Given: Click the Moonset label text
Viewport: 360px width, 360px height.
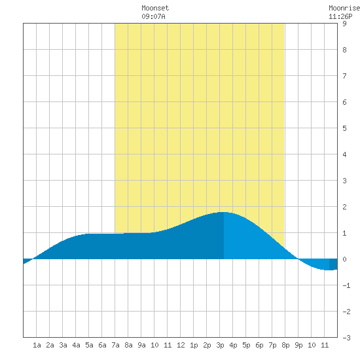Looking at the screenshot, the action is point(155,8).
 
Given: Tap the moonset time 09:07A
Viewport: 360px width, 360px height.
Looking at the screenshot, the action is point(153,16).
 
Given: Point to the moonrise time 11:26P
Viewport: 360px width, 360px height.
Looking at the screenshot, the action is point(340,16).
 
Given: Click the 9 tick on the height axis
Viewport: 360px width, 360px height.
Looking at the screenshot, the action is point(344,24).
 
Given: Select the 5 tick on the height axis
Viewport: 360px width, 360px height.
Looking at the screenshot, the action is point(344,128).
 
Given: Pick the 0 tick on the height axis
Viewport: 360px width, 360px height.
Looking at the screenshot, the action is point(344,259).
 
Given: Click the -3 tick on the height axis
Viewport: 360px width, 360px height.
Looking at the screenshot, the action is point(346,338).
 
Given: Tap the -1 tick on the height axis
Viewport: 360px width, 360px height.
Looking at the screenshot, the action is point(346,285).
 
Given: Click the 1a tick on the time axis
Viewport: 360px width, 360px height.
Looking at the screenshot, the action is point(37,345).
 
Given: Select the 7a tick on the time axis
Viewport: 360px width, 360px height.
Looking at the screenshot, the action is point(115,345).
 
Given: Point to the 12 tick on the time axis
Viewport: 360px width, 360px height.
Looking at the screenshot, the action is point(181,345).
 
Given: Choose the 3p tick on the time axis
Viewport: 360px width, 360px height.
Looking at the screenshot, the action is point(220,345).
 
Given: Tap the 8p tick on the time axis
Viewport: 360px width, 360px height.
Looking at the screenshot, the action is point(285,345).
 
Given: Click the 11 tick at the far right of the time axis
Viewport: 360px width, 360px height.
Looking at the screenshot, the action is point(325,345).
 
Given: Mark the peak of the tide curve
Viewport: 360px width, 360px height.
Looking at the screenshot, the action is point(223,212).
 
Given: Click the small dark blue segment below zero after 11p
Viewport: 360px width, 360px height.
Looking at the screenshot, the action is point(333,264).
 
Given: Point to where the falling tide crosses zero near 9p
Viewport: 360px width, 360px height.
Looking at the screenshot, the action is point(298,259).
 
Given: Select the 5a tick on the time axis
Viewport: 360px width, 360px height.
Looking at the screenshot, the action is point(89,345).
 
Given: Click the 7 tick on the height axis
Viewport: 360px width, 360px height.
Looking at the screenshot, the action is point(344,76).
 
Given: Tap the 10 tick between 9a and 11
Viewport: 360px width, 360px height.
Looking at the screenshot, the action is point(154,345).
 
